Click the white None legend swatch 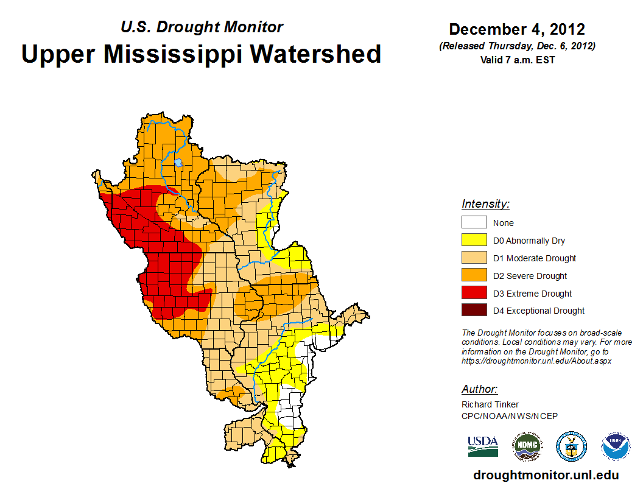coord(474,223)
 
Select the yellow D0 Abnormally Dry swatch coord(474,241)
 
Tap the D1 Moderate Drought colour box coord(474,258)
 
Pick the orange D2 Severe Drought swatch coord(474,276)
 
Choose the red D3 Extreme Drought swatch coord(474,294)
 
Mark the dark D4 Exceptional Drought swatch coord(474,311)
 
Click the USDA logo coord(483,446)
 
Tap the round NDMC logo coord(526,446)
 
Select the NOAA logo coord(616,446)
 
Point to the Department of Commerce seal coord(572,446)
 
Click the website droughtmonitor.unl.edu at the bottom coord(546,476)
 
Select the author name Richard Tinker coord(490,404)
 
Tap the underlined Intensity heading coord(485,204)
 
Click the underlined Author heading coord(479,389)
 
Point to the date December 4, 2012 coord(517,29)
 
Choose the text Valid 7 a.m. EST coord(517,60)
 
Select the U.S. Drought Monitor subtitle coord(202,27)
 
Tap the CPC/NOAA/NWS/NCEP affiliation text coord(510,416)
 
